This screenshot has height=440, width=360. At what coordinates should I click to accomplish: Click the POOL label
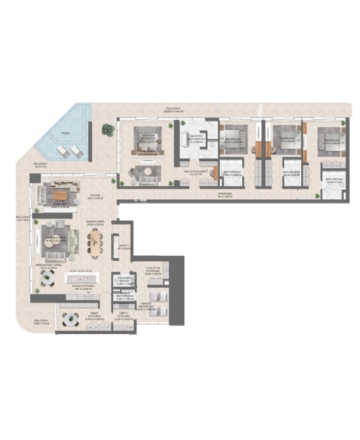pyautogui.click(x=66, y=133)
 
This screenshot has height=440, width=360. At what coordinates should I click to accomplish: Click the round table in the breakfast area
pyautogui.click(x=48, y=278)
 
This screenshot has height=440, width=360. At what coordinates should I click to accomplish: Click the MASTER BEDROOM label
pyautogui.click(x=148, y=137)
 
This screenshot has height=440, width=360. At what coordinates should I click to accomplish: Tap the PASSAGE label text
pyautogui.click(x=224, y=195)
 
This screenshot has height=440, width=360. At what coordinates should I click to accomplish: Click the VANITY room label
pyautogui.click(x=124, y=247)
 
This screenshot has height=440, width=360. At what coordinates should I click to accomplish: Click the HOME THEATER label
pyautogui.click(x=61, y=203)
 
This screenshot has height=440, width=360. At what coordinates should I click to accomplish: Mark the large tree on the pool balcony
pyautogui.click(x=108, y=130)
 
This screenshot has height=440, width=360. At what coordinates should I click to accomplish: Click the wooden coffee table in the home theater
pyautogui.click(x=60, y=196)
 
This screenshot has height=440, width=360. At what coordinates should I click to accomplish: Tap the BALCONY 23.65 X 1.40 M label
pyautogui.click(x=173, y=109)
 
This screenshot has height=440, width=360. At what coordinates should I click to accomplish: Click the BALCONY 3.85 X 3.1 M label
pyautogui.click(x=41, y=322)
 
